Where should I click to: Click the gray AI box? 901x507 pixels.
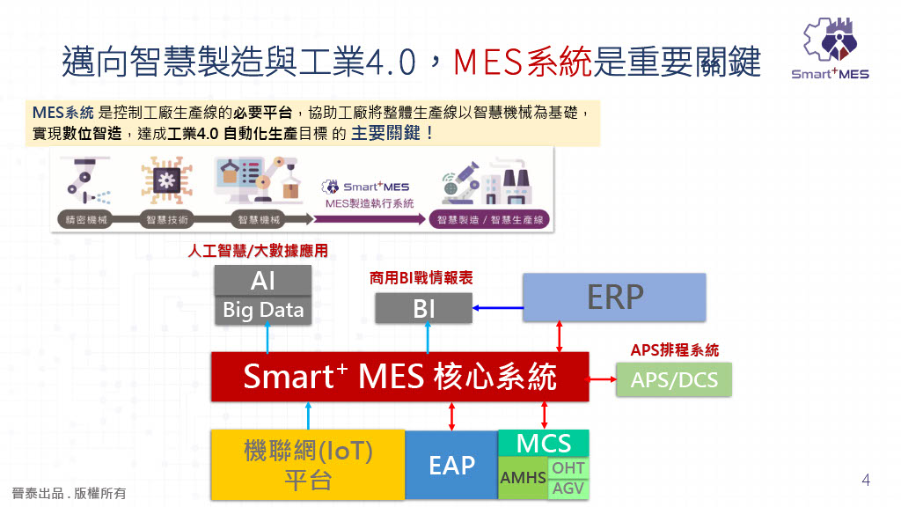pyautogui.click(x=263, y=281)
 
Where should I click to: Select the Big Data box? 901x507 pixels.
pyautogui.click(x=263, y=310)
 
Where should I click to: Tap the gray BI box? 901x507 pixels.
pyautogui.click(x=423, y=309)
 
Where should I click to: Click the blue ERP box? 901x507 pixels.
pyautogui.click(x=614, y=297)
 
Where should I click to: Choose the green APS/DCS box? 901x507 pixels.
pyautogui.click(x=674, y=380)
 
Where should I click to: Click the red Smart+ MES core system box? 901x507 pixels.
pyautogui.click(x=399, y=377)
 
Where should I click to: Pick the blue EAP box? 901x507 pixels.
pyautogui.click(x=451, y=465)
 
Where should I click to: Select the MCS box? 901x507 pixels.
pyautogui.click(x=543, y=443)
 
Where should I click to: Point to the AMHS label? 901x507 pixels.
pyautogui.click(x=523, y=479)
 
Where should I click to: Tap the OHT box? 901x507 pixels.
pyautogui.click(x=568, y=468)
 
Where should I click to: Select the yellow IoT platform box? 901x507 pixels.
pyautogui.click(x=307, y=465)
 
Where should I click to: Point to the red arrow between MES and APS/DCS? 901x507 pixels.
pyautogui.click(x=603, y=380)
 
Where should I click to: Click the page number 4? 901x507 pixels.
pyautogui.click(x=866, y=481)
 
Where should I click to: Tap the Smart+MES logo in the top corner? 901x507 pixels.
pyautogui.click(x=829, y=49)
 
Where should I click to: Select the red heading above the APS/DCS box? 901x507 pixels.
pyautogui.click(x=674, y=350)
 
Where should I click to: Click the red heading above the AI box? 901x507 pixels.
pyautogui.click(x=259, y=251)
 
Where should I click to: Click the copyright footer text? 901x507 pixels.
pyautogui.click(x=69, y=493)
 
